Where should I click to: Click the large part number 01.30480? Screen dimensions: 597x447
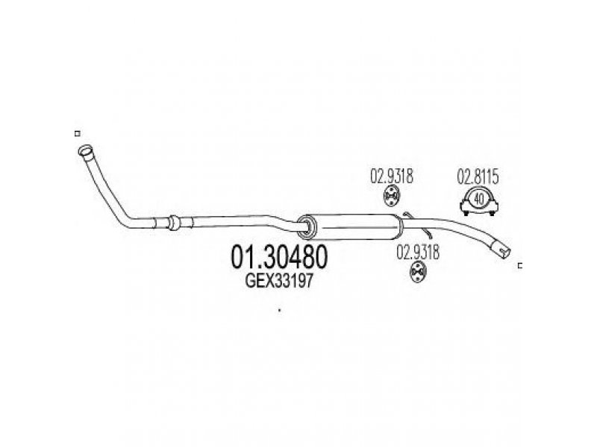[x=278, y=256]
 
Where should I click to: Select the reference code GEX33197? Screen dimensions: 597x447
[x=278, y=281]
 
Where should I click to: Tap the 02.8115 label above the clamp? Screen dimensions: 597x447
[x=478, y=177]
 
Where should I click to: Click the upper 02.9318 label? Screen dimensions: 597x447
[x=391, y=176]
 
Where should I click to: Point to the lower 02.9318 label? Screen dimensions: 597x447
[x=418, y=252]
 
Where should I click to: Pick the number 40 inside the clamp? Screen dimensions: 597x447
[x=480, y=198]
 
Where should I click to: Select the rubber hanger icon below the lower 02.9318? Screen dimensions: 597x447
[x=418, y=272]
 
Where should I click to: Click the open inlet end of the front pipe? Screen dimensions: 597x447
[x=85, y=150]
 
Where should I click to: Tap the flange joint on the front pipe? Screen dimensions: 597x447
[x=173, y=223]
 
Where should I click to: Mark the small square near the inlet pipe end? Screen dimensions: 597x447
[x=78, y=133]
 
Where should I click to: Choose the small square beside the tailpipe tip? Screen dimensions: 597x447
[x=519, y=266]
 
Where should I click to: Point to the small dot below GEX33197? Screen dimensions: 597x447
[x=279, y=310]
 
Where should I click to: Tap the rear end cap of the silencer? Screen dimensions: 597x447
[x=398, y=227]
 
